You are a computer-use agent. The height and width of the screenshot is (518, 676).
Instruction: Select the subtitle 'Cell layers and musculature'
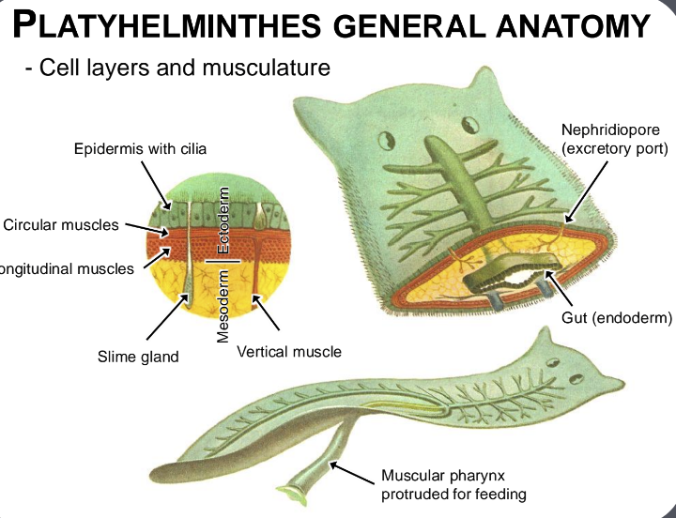pos(184,68)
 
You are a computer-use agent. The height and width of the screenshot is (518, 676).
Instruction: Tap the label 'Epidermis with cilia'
pos(141,148)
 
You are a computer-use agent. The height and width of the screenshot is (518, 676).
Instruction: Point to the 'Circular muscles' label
pos(62,224)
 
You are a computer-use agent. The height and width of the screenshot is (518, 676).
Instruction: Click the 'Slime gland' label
pos(138,357)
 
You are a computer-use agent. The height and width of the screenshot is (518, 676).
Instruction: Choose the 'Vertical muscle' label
pos(289,352)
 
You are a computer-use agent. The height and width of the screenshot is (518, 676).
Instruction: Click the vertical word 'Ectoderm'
pos(223,221)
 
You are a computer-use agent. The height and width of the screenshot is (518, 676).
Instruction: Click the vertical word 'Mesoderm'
pos(223,305)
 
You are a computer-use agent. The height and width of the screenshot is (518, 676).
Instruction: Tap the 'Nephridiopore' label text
pos(610,129)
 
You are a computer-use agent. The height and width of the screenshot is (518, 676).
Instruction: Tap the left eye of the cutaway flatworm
pos(385,143)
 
